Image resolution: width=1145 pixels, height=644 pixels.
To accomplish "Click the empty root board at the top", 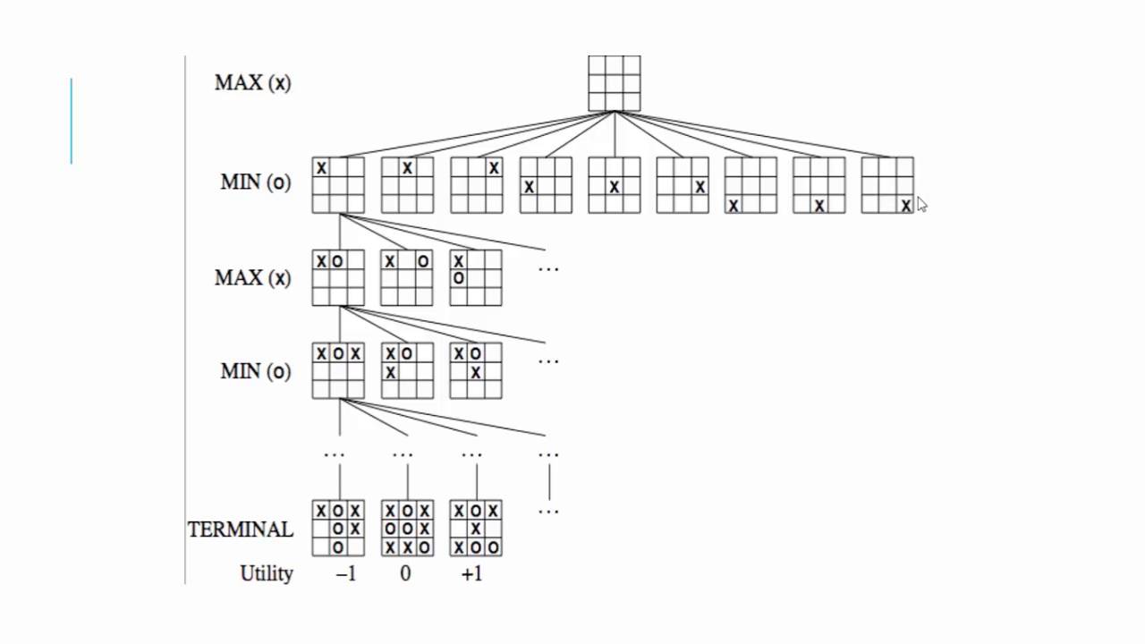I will [x=614, y=83].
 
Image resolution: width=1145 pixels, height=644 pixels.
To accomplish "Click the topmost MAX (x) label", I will [x=252, y=83].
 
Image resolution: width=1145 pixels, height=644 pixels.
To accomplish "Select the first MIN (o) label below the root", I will [x=255, y=182].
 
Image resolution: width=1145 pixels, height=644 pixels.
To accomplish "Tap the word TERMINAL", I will [x=240, y=530].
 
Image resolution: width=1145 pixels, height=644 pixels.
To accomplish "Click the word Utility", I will [x=266, y=574].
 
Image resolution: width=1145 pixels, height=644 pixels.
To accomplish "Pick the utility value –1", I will [x=345, y=574].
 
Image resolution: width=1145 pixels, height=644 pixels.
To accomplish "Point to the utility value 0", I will [x=405, y=574].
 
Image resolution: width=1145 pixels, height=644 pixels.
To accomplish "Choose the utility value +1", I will [x=471, y=574].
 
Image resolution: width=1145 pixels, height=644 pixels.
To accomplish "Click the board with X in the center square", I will [x=614, y=186].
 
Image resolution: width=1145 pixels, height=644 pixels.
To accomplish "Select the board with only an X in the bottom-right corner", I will [x=887, y=186].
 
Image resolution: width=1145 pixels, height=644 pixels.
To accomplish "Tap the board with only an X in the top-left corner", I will [x=338, y=186].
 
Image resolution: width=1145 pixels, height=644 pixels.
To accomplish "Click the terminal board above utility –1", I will [x=338, y=529].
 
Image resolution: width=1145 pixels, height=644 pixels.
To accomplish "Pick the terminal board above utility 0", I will [x=407, y=529].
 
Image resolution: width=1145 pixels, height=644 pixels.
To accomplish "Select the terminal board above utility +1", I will [x=476, y=529].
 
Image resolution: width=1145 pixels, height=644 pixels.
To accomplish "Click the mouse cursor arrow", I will [x=921, y=205].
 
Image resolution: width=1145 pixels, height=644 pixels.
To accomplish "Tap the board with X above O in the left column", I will [x=476, y=278].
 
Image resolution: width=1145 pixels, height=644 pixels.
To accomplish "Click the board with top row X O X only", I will [x=338, y=371].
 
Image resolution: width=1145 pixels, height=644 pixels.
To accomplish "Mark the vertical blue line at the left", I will [x=72, y=122].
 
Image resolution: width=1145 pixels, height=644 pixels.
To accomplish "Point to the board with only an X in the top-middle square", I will [x=407, y=186].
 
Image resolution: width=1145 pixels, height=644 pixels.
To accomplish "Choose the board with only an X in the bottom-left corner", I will [x=751, y=186].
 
